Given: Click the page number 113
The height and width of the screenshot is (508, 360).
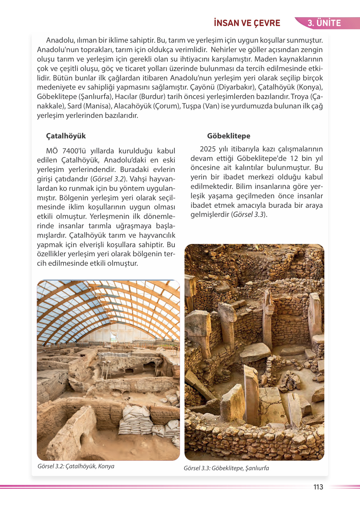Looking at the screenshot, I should (x=318, y=487).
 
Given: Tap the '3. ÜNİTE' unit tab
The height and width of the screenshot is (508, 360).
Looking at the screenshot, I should (x=324, y=23).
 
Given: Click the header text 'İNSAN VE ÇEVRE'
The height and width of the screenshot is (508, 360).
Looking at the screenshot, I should (x=247, y=23).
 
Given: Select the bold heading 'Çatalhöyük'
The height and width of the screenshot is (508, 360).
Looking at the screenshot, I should (x=66, y=136).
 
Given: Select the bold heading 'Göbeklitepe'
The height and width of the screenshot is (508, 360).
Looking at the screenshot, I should (x=228, y=136).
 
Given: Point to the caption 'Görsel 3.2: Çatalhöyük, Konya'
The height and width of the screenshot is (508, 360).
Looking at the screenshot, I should (x=76, y=466).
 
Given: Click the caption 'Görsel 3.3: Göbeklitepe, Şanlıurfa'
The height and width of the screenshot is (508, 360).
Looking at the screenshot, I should (x=226, y=468).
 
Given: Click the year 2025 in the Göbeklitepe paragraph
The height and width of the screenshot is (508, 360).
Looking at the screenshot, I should (x=208, y=149).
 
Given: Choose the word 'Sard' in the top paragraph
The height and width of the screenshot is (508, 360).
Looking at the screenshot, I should (x=74, y=106).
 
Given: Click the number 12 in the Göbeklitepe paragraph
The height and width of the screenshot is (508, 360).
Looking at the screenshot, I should (x=294, y=158).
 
